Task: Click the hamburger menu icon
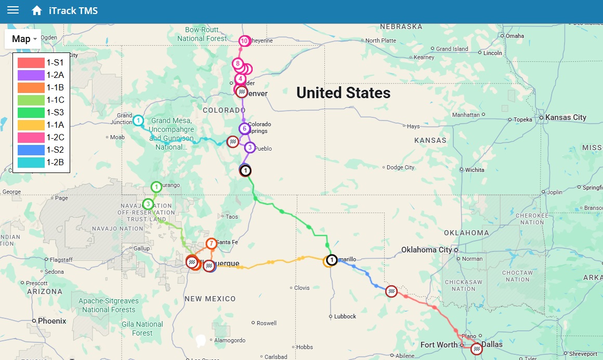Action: [13, 10]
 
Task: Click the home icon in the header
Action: [36, 10]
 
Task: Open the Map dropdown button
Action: [24, 39]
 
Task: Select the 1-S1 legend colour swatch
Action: [30, 62]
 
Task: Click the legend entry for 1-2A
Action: [55, 75]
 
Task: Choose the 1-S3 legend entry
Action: [55, 112]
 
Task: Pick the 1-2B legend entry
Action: [55, 162]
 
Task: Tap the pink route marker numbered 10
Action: [244, 41]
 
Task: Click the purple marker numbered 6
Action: [244, 128]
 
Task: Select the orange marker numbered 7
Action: [211, 244]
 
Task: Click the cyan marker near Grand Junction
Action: [138, 121]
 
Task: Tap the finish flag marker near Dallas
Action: [477, 349]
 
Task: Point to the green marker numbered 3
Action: [148, 204]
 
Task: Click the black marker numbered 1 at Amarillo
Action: [331, 260]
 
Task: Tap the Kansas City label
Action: [565, 117]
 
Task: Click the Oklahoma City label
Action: [426, 250]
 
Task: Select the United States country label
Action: [343, 92]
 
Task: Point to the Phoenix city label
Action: [52, 321]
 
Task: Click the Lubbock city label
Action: [345, 316]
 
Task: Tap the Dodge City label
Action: [401, 167]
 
